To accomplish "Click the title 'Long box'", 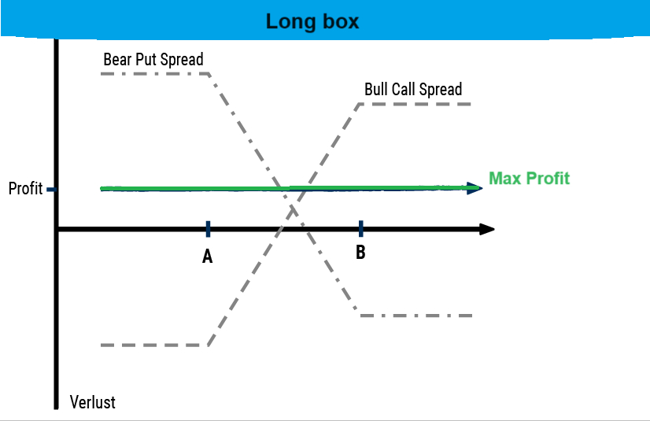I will point(312,21).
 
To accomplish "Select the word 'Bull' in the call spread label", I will point(378,90).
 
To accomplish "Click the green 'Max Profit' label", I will point(529,179).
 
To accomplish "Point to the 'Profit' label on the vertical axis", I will point(25,190).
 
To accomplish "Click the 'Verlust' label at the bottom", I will point(92,402).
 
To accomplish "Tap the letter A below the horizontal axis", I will point(208,257).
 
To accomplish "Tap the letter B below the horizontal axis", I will point(360,253).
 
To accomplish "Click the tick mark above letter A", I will point(208,229).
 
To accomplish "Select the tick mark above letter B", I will point(360,229).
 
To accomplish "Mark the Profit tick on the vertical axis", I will point(51,190).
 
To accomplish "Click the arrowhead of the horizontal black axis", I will point(487,229).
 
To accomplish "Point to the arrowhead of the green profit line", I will point(474,187).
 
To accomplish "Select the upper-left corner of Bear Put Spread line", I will point(208,74).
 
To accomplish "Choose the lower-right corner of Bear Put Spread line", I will point(360,316).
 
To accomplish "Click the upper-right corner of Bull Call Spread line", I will point(360,104).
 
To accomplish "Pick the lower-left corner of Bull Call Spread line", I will point(208,345).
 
